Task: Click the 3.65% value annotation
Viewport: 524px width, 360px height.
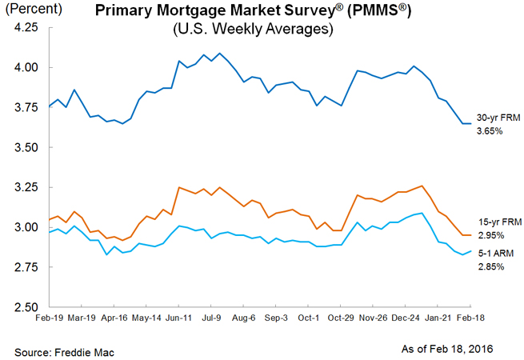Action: pos(489,130)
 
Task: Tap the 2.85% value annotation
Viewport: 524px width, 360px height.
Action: pos(489,266)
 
